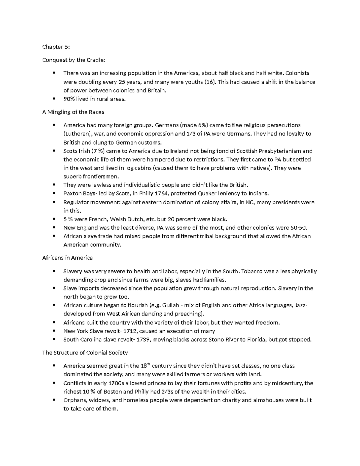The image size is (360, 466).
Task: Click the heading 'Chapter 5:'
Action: tap(52, 47)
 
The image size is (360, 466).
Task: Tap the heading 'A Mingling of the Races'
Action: tap(73, 112)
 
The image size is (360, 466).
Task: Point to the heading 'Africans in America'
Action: tap(67, 258)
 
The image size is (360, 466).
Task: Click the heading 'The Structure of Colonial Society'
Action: tap(85, 353)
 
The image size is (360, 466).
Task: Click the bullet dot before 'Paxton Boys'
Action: tap(54, 194)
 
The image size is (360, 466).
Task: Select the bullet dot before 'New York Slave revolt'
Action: tap(54, 331)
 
